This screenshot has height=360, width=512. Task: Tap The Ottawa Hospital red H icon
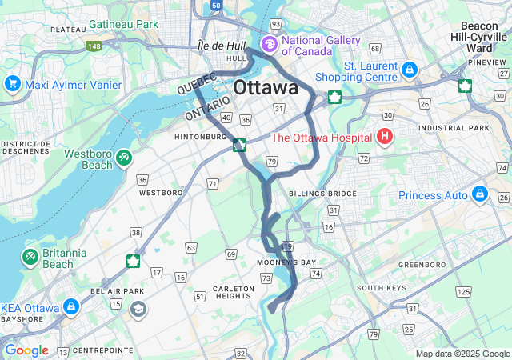(x=385, y=137)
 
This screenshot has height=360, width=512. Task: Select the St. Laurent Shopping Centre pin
(x=410, y=70)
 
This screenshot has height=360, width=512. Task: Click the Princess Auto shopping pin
(x=480, y=193)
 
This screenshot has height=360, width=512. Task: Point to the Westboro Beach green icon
(x=124, y=158)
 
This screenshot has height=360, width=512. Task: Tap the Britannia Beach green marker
(x=30, y=256)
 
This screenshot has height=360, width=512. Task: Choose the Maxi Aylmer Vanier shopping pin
(x=12, y=83)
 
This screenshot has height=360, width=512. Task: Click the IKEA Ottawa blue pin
(x=70, y=306)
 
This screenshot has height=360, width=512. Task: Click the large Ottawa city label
(x=266, y=87)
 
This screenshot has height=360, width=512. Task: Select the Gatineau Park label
(x=124, y=25)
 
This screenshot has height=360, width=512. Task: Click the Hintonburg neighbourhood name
(x=201, y=137)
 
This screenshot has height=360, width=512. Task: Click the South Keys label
(x=378, y=288)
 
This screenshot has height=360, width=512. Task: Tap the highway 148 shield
(x=95, y=46)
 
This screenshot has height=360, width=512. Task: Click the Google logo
(x=26, y=350)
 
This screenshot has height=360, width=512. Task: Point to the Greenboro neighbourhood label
(x=422, y=263)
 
